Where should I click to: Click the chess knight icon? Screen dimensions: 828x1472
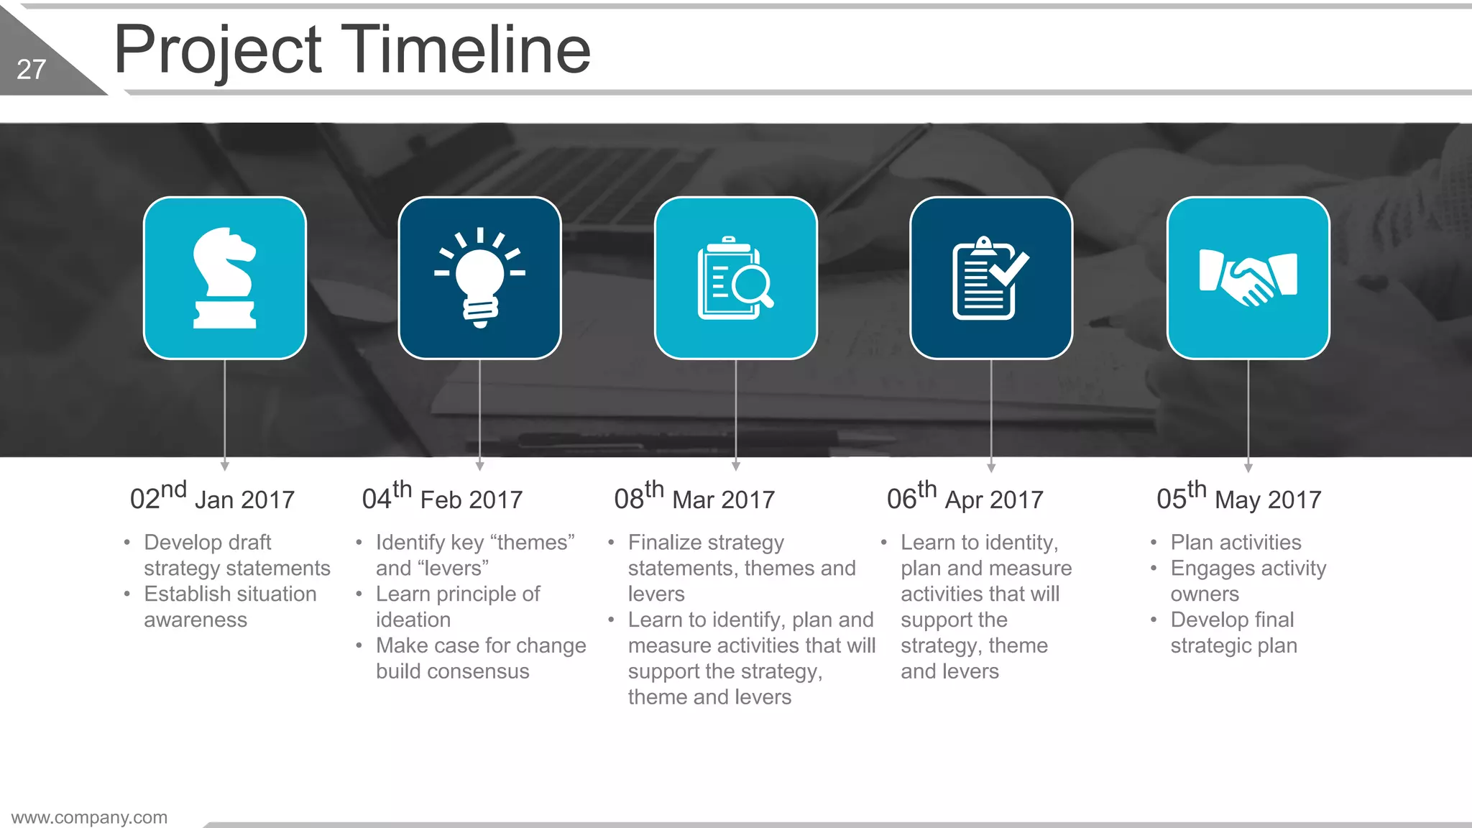224,278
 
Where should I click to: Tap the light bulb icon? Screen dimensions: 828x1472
480,278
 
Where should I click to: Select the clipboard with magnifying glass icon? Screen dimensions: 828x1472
735,278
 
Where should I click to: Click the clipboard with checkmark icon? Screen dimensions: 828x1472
990,278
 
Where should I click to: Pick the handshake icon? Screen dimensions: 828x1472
1248,278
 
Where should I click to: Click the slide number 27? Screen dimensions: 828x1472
31,70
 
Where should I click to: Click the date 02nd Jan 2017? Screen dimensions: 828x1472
212,497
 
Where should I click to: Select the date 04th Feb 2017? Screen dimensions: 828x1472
442,497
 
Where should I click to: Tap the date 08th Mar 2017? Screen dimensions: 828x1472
694,497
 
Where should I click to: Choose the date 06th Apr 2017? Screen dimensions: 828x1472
965,497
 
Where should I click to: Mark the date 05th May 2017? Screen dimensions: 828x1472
1238,497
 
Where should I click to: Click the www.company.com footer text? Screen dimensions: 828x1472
89,817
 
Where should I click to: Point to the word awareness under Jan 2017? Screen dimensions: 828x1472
195,620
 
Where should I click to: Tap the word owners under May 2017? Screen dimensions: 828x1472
1205,594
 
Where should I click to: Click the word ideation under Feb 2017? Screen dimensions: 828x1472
413,620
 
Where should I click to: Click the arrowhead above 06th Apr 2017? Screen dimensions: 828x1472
991,468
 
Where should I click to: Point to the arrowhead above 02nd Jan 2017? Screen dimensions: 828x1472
225,466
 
